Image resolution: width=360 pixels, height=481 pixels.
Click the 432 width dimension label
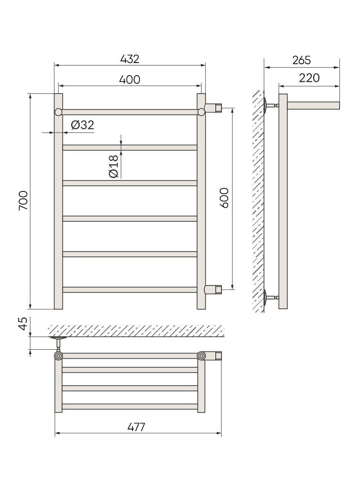pos(130,59)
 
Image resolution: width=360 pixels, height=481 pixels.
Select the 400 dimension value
pos(130,79)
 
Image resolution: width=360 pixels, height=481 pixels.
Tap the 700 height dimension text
pos(23,200)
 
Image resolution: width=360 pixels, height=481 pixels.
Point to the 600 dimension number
pos(225,198)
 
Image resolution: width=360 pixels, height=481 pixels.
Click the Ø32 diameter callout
pos(83,125)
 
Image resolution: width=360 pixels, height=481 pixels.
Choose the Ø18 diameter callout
pos(114,166)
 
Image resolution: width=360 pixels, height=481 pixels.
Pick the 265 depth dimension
pos(302,60)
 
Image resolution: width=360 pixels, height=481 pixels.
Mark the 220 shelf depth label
pos(309,78)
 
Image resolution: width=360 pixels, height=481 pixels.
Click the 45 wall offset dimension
pos(23,324)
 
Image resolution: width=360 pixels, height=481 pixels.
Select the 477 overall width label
pos(136,427)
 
